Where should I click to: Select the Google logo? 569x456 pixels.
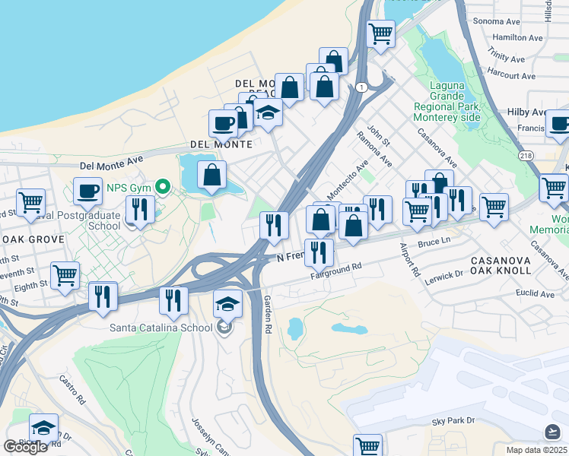25,447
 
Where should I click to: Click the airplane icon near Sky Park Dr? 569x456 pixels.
553,432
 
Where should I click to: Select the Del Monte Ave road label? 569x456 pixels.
112,161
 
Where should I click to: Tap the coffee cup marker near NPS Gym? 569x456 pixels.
87,190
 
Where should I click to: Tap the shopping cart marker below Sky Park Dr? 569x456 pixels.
367,446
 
